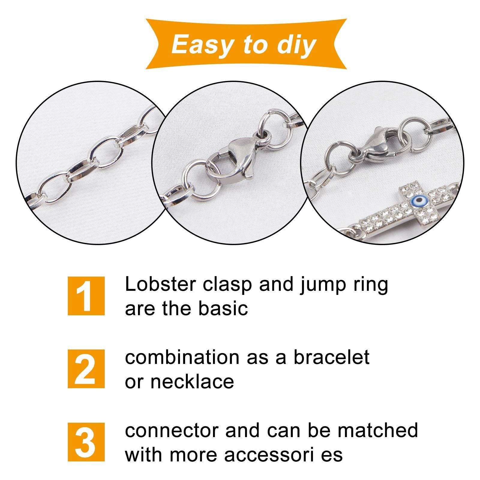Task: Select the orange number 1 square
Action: coord(86,296)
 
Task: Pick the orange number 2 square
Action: coord(86,369)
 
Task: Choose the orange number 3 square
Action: coord(86,442)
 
